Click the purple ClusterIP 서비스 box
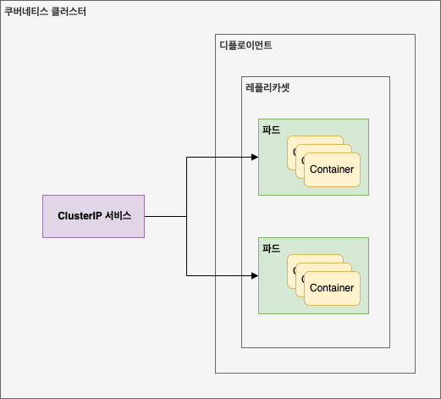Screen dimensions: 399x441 93,216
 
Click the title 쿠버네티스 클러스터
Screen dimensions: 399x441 46,13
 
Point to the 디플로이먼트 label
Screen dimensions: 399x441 246,45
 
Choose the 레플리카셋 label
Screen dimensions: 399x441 268,87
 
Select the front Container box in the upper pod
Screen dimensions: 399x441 332,176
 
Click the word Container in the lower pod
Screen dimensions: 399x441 332,288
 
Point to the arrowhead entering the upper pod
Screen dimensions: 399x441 255,158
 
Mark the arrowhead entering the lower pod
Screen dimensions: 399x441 255,276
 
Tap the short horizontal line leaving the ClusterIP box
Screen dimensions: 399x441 165,217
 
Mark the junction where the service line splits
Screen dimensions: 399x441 186,217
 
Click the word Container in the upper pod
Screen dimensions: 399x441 332,169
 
